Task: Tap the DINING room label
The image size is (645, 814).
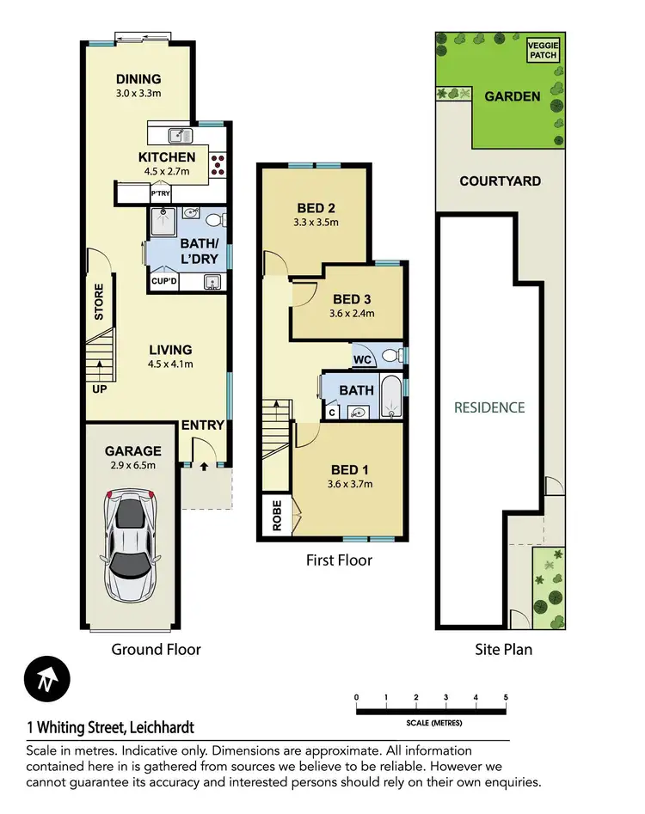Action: [139, 80]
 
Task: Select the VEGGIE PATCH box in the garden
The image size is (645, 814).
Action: [542, 50]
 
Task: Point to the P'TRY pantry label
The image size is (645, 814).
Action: [161, 194]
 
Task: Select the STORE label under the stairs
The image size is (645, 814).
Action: [99, 302]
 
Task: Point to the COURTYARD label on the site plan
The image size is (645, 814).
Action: [500, 181]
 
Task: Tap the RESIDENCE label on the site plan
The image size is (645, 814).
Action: [489, 407]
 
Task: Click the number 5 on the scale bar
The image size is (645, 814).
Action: [506, 697]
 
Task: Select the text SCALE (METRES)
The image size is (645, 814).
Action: [433, 722]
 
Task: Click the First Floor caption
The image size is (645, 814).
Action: [339, 560]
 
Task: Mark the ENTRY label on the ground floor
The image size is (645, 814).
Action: [203, 425]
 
